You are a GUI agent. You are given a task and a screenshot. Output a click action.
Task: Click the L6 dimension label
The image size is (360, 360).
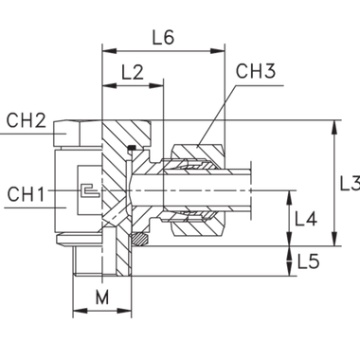(x=164, y=40)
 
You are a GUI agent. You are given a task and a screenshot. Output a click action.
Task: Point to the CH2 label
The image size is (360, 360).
(x=26, y=120)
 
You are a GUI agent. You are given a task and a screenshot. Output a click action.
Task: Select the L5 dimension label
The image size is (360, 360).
(x=307, y=258)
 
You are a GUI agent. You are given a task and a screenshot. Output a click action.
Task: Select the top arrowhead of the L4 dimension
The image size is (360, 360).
(x=290, y=196)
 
